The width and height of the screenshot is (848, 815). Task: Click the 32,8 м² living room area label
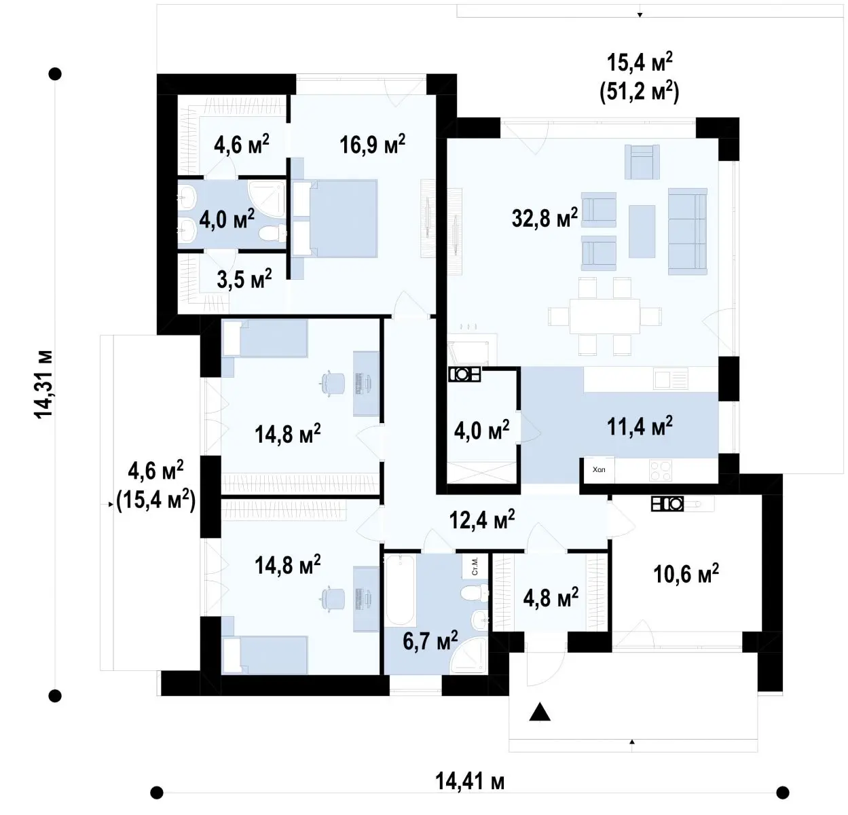(x=545, y=217)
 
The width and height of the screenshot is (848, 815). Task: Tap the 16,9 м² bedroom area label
(x=372, y=144)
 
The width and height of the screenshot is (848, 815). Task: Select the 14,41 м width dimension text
(x=470, y=782)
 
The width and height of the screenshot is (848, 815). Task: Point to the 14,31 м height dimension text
(x=43, y=384)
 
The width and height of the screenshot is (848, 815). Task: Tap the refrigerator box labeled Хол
(x=600, y=470)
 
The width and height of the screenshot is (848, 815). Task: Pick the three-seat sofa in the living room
(x=688, y=232)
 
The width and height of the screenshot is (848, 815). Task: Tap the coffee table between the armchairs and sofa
(x=642, y=232)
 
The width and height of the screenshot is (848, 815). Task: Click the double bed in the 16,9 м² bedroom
(x=335, y=218)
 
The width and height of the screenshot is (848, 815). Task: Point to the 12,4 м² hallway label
(x=482, y=519)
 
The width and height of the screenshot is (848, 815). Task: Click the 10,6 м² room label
(x=686, y=573)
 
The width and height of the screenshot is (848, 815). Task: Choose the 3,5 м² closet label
(x=244, y=279)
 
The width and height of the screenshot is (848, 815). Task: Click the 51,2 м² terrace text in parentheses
(x=640, y=93)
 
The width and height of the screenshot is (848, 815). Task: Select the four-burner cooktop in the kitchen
(x=661, y=470)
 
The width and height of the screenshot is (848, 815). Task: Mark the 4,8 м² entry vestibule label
(x=551, y=598)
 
